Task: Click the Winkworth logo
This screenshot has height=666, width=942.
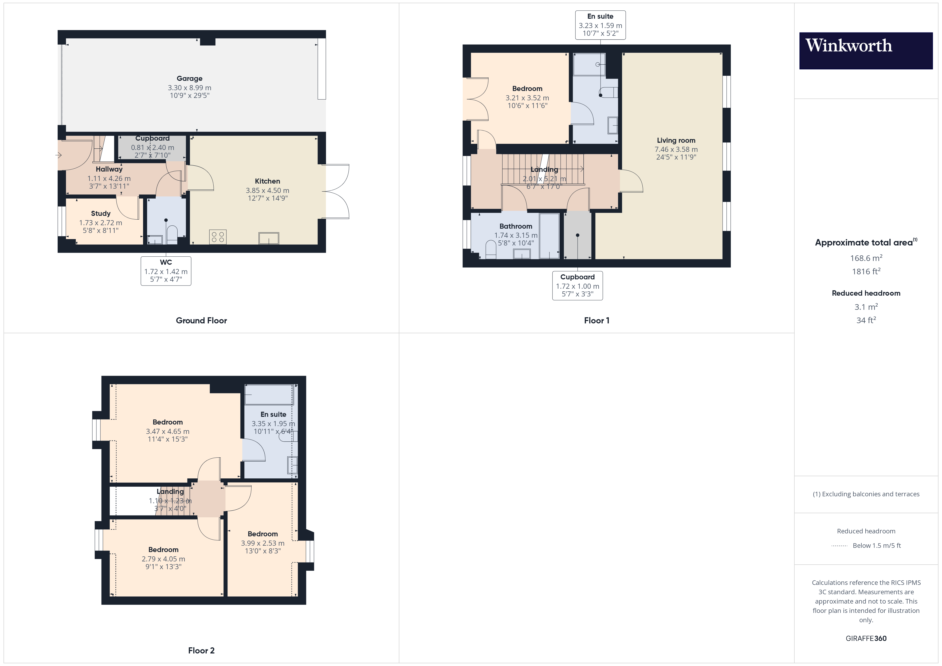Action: (866, 50)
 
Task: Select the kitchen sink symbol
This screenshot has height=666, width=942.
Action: (269, 238)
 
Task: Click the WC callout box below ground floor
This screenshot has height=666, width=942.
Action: (166, 271)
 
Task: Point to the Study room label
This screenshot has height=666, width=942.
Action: (100, 213)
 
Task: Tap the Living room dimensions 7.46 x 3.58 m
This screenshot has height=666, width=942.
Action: (676, 149)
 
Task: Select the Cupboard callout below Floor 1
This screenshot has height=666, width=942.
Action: (577, 286)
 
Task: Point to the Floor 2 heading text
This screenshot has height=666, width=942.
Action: (201, 651)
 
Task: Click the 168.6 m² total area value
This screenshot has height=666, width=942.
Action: (866, 258)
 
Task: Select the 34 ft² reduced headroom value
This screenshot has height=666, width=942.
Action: (866, 320)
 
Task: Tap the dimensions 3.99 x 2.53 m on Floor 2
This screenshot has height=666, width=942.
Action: (262, 543)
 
